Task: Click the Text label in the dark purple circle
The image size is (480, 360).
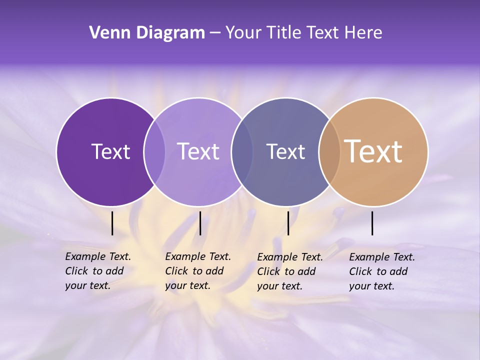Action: [x=111, y=151]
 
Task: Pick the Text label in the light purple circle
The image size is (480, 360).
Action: [x=198, y=151]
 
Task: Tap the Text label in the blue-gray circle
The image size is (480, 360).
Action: [x=286, y=151]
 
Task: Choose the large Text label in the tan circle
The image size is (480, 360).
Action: [x=373, y=151]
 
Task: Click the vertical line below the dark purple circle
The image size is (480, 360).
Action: [x=112, y=223]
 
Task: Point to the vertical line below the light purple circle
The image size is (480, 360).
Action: [x=200, y=223]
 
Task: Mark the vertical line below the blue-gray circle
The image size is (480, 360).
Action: [x=288, y=223]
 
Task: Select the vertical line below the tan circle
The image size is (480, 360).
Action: [x=372, y=223]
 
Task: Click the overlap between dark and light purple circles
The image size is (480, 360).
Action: [x=154, y=151]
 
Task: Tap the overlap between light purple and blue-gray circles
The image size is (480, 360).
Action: [x=242, y=151]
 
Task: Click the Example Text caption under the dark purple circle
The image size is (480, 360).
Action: [x=98, y=271]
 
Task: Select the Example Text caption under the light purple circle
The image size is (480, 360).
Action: [x=198, y=271]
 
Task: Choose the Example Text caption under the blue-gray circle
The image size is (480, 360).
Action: [x=290, y=271]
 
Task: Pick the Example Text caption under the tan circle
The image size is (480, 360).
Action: [x=382, y=271]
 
